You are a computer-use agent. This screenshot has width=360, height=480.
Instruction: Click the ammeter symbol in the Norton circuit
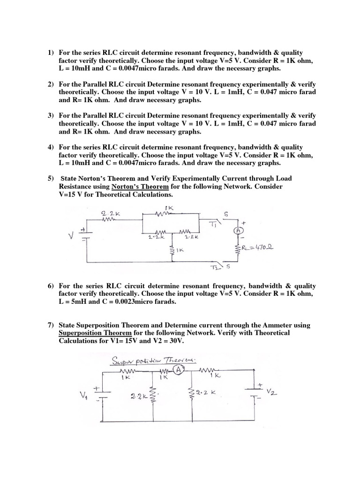point(238,231)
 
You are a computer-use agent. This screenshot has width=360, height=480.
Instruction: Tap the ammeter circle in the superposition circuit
point(178,369)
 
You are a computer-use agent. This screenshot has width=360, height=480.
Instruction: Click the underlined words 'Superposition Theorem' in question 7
point(95,333)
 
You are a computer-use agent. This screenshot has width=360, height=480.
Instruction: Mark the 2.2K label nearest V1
point(139,397)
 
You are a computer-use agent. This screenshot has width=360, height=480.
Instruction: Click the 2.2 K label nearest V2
point(206,392)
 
